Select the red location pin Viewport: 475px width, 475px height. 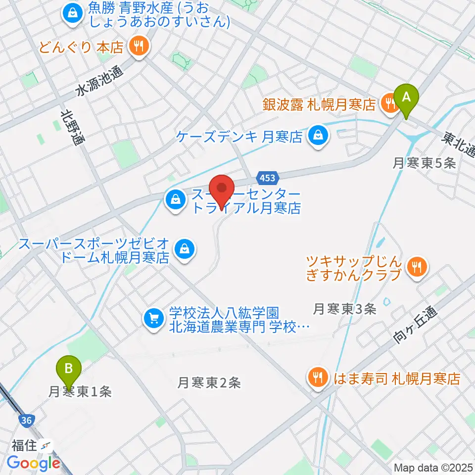tap(222, 190)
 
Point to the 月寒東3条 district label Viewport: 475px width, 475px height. tap(345, 309)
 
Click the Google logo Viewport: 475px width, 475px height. tap(34, 463)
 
